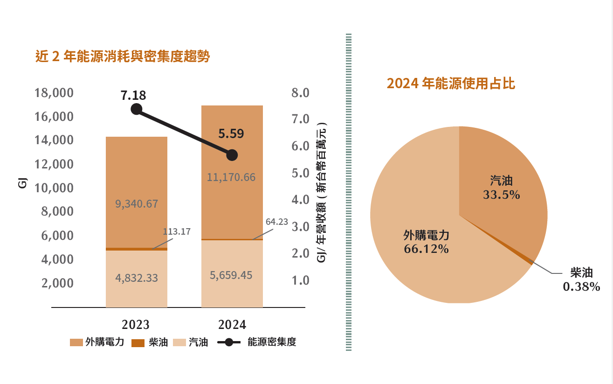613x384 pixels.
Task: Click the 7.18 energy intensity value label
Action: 133,96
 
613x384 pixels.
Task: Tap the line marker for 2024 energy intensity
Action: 232,155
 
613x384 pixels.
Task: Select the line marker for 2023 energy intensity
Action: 137,109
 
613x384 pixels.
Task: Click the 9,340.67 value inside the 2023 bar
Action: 137,204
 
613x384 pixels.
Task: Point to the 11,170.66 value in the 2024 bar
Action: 232,177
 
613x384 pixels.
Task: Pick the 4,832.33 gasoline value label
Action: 137,278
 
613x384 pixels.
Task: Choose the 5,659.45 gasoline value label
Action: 232,275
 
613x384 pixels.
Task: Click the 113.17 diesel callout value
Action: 177,231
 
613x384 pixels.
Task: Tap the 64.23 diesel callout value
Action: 277,222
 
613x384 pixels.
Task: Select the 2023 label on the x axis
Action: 136,324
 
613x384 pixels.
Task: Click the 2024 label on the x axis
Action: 232,324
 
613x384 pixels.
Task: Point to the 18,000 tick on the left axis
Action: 54,93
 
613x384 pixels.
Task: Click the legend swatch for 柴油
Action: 138,342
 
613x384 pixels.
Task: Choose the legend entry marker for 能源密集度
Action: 228,342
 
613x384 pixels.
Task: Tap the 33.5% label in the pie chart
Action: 501,195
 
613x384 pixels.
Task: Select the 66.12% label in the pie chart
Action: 426,249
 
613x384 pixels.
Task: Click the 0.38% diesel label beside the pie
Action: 581,286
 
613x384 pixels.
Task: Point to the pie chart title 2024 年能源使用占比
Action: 451,84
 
